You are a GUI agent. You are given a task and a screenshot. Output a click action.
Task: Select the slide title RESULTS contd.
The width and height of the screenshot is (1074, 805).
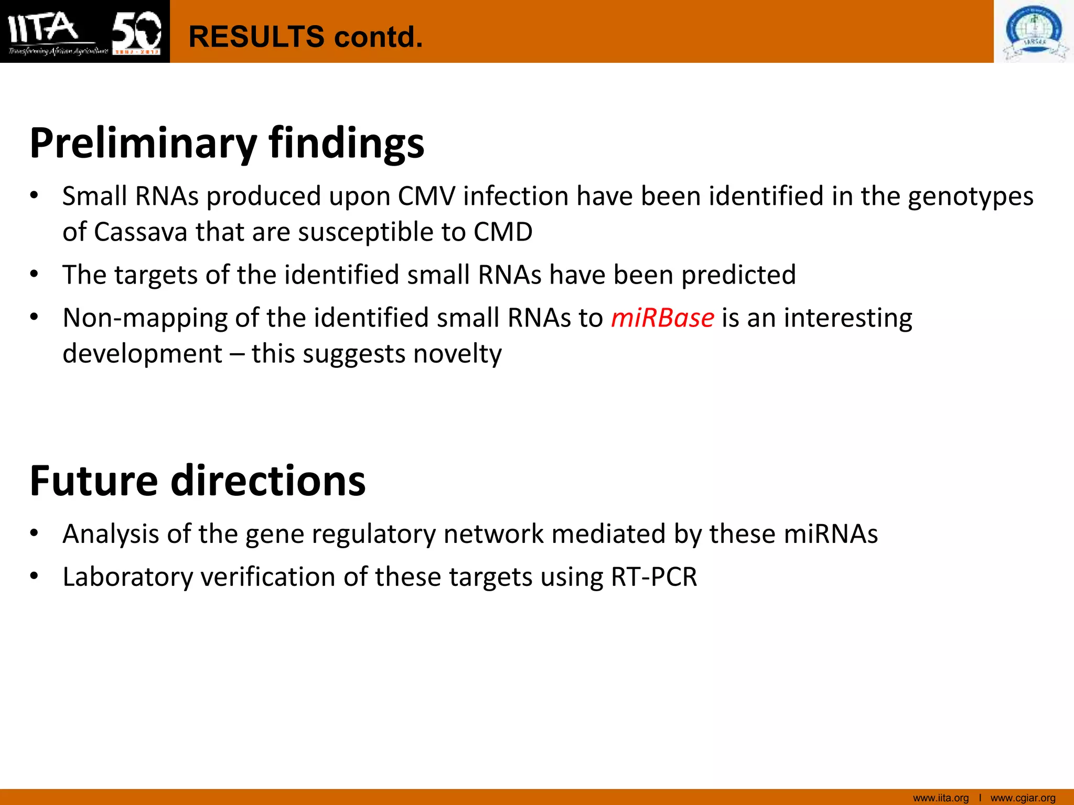point(305,37)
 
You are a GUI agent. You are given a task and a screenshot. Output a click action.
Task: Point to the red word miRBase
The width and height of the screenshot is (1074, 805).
point(662,318)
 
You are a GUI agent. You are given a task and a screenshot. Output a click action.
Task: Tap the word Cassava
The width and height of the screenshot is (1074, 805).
point(141,232)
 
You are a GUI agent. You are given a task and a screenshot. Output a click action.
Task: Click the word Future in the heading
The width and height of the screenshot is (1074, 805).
point(94,481)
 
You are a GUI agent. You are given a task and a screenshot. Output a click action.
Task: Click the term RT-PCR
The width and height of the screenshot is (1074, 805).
point(654,577)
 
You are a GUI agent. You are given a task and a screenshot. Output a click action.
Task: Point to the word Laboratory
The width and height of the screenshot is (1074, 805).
point(128,577)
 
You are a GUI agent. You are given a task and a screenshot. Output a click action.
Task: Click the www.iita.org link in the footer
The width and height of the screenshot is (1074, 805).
point(941,798)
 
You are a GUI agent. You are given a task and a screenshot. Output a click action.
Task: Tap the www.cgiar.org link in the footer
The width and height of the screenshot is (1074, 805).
point(1023,798)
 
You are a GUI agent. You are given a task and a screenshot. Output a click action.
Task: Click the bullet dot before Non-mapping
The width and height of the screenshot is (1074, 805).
point(34,317)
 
